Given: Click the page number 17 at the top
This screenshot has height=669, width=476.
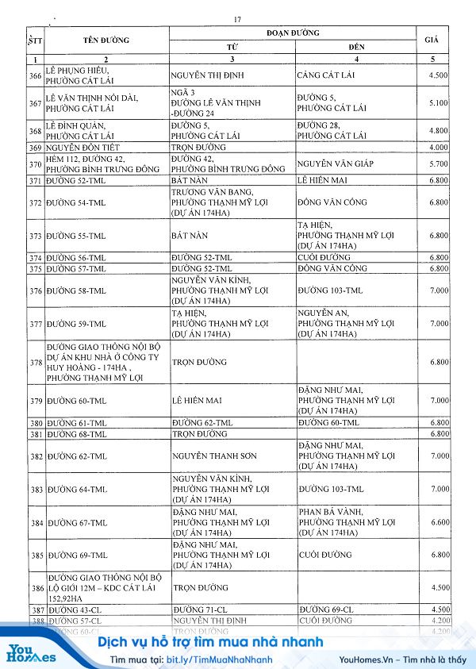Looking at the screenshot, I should [x=237, y=20].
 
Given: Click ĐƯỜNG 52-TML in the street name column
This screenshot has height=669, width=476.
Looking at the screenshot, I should [x=76, y=182].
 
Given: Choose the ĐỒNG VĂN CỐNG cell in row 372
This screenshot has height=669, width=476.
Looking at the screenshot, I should [x=332, y=202].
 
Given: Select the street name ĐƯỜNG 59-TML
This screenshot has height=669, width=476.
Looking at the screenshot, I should [x=76, y=324].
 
